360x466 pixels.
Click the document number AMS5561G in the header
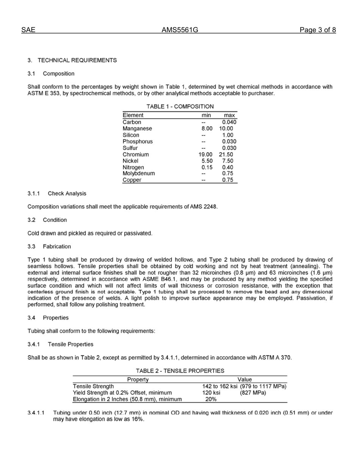click(x=180, y=30)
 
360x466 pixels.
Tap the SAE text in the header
click(x=28, y=30)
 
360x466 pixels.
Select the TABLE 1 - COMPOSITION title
click(x=180, y=107)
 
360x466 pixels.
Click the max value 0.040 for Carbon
click(x=229, y=122)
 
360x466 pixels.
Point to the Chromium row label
click(x=136, y=155)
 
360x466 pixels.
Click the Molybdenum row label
click(x=139, y=174)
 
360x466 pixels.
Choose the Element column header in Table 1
click(x=133, y=115)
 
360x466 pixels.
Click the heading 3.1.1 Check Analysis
click(x=57, y=194)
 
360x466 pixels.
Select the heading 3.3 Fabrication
click(x=49, y=247)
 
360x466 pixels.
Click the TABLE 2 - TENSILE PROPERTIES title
click(x=180, y=371)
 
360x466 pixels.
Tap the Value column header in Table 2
click(x=244, y=379)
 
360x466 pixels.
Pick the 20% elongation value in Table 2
click(x=211, y=399)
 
